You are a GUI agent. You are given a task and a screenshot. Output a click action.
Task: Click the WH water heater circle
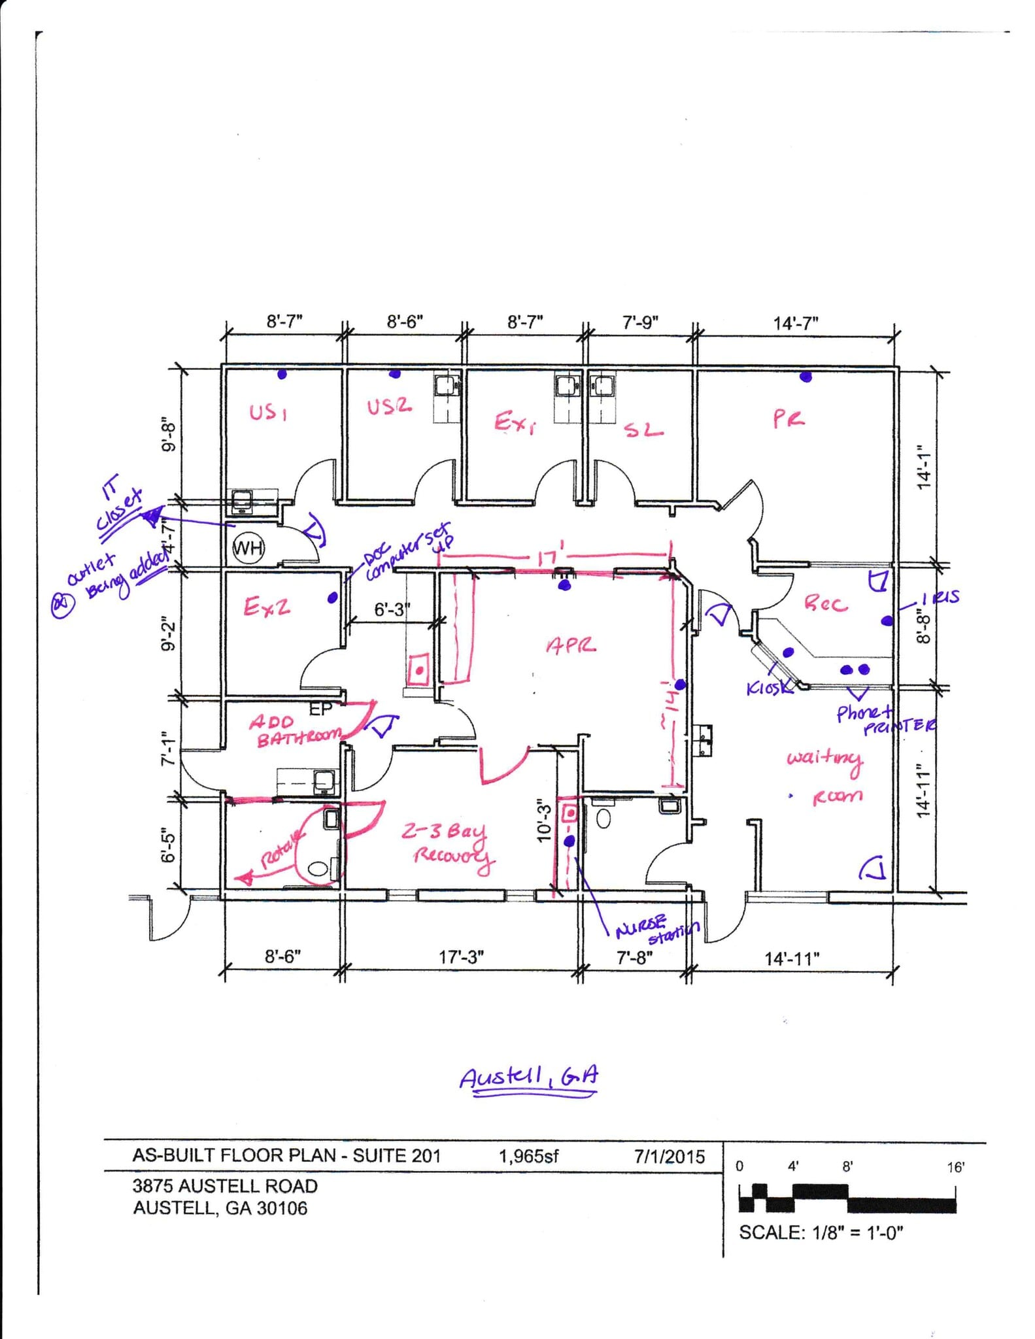[x=248, y=547]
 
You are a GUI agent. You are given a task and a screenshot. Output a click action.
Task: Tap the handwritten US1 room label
[x=268, y=413]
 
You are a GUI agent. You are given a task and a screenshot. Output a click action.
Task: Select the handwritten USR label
[x=389, y=407]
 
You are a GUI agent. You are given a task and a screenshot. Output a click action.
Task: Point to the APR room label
[x=571, y=646]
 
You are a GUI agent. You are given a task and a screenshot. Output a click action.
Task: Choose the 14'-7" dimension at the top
[x=796, y=323]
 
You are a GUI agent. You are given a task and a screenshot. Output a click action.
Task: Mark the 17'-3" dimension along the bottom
[x=461, y=957]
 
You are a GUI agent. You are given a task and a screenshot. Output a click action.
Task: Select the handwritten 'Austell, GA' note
[x=528, y=1078]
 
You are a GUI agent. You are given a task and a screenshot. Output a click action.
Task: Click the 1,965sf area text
[x=529, y=1157]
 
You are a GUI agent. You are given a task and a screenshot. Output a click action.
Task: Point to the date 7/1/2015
[x=670, y=1157]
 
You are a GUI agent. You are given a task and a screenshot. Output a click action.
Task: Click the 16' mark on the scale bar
[x=955, y=1167]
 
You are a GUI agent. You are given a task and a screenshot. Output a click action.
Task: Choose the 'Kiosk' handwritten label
[x=769, y=688]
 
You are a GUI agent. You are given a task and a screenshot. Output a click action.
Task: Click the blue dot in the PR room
[x=806, y=377]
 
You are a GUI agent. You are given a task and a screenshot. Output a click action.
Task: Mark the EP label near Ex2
[x=320, y=709]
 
